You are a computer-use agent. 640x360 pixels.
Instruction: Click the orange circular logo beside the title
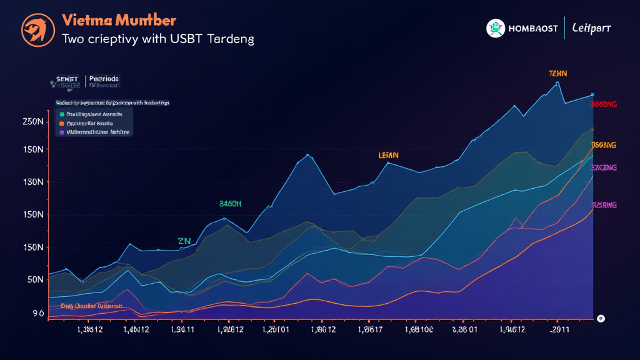pos(38,29)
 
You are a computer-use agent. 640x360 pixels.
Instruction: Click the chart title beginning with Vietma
pos(119,21)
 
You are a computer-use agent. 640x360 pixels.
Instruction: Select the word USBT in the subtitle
pos(193,39)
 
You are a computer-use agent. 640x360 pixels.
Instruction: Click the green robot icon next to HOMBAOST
pos(496,28)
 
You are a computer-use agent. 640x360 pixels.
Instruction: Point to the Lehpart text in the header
pos(591,28)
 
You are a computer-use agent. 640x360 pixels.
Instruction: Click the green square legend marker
pos(61,114)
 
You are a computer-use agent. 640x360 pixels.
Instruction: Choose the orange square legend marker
pos(61,124)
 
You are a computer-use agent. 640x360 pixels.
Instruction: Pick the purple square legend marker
pos(61,132)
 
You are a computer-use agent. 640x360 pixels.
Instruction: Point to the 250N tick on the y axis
pos(32,121)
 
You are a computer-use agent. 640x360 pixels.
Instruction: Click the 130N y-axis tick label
pos(32,182)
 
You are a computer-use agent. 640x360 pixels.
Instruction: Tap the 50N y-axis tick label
pos(35,279)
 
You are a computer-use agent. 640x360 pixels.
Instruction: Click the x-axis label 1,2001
pos(275,329)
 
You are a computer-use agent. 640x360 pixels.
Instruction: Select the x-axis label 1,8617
pos(370,329)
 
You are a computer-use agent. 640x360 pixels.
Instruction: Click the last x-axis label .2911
pos(559,329)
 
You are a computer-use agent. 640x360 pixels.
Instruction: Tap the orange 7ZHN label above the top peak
pos(557,74)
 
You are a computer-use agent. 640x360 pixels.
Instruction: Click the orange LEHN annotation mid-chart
pos(388,155)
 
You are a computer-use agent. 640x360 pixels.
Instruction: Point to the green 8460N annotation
pos(230,204)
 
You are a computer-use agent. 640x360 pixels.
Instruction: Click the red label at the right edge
pos(604,104)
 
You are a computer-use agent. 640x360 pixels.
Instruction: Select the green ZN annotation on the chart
pos(184,241)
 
